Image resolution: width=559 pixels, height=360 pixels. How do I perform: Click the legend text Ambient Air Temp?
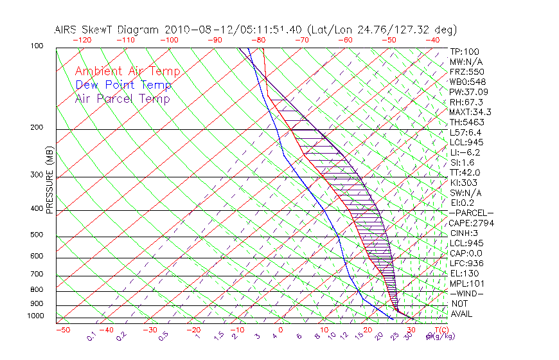(127, 71)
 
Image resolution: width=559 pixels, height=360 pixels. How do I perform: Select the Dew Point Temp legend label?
(123, 85)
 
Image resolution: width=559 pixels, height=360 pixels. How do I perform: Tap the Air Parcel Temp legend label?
(123, 98)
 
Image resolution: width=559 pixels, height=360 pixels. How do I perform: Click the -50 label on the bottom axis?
(62, 330)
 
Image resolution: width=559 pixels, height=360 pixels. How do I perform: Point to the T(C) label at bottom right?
(441, 330)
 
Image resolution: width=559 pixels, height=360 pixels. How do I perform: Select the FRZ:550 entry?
(466, 72)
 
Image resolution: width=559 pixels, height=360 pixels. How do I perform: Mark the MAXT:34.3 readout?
(470, 112)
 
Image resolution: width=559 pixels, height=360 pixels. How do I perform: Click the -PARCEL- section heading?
(471, 213)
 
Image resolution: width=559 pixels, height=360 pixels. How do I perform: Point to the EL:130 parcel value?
(464, 273)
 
